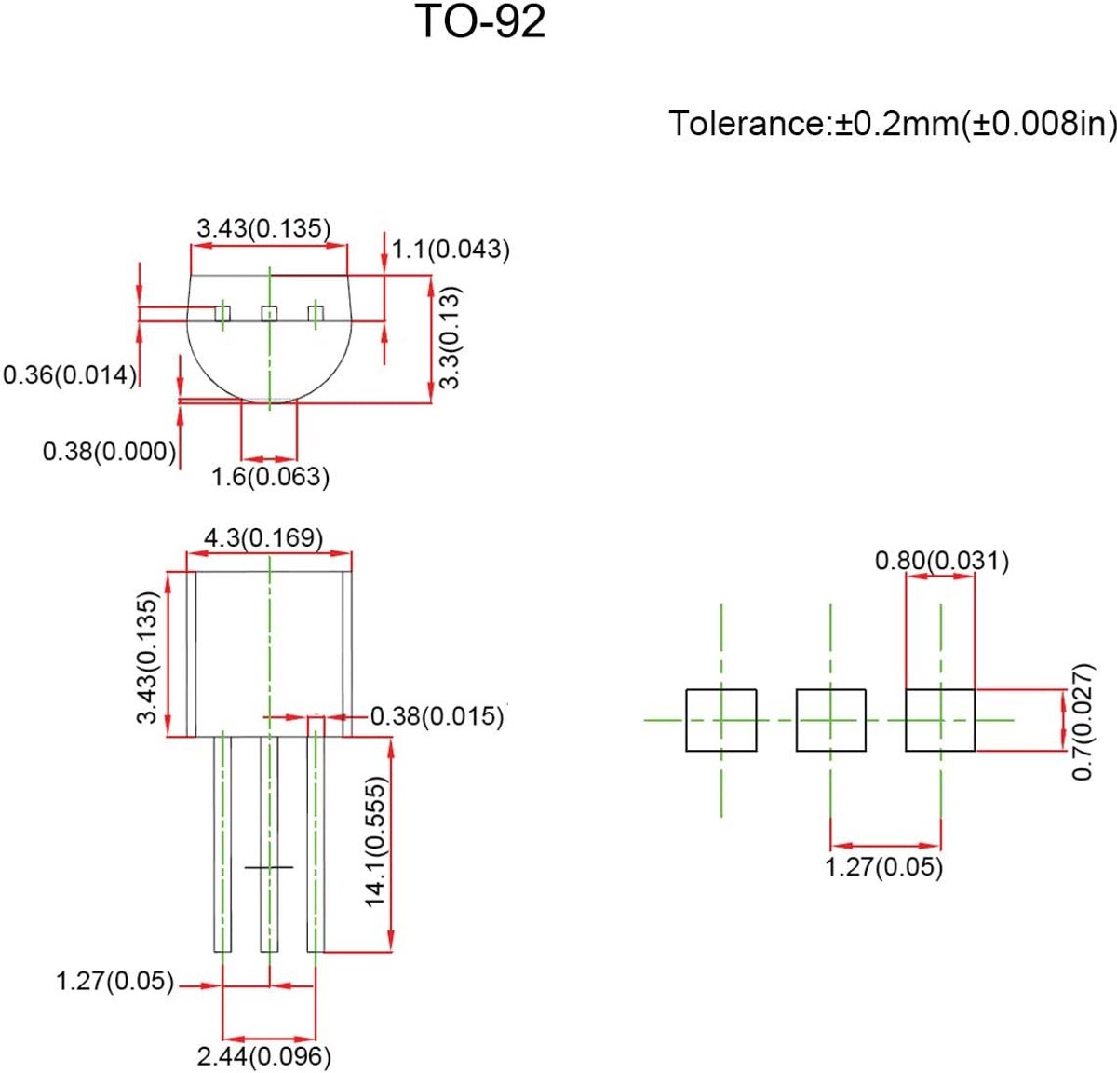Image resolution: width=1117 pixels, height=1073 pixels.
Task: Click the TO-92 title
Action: tap(482, 21)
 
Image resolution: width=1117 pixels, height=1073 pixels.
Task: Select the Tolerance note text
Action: tap(893, 123)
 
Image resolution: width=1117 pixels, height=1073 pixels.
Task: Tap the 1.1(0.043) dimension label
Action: tap(451, 250)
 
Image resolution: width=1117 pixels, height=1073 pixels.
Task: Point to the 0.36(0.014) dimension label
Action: tap(70, 375)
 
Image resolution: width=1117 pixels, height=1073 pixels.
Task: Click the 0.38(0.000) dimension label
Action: tap(110, 451)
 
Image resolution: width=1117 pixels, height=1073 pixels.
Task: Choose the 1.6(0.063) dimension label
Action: tap(270, 476)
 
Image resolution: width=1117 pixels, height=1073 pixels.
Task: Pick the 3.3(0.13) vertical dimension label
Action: tap(450, 338)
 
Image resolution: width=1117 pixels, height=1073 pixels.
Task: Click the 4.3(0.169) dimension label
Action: tap(263, 537)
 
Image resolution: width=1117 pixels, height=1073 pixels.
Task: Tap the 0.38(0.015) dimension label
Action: tap(437, 715)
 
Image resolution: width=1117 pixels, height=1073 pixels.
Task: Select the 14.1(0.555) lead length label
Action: tap(376, 842)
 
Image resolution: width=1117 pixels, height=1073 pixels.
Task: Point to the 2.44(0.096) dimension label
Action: tap(264, 1055)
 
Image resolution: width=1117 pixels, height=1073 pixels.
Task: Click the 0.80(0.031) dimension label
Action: tap(941, 561)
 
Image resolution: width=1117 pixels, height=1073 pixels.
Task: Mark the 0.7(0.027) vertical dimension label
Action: tap(1083, 722)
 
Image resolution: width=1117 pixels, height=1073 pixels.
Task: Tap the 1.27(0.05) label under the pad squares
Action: tap(883, 866)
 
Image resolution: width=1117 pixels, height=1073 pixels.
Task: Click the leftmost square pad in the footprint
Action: tap(721, 720)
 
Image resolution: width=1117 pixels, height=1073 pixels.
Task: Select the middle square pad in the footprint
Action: tap(830, 720)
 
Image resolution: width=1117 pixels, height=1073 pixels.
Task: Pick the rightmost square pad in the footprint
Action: tap(940, 720)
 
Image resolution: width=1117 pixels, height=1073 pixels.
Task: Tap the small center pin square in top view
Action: tap(269, 314)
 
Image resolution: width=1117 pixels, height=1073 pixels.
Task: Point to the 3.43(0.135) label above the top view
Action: tap(263, 228)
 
